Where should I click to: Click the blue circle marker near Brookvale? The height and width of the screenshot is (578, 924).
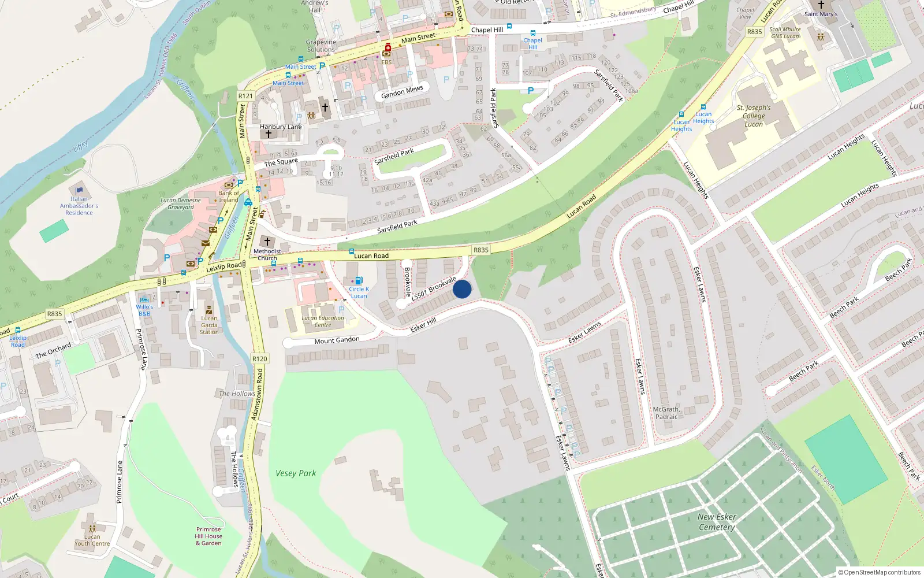coord(462,289)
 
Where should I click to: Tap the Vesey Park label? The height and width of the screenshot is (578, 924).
coord(296,473)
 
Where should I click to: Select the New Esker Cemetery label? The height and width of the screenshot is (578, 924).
coord(717,522)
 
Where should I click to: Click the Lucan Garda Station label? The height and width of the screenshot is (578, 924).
coord(209,325)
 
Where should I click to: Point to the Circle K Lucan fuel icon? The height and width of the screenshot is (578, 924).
coord(359,281)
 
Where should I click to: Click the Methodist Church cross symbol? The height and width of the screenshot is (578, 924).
coord(267,242)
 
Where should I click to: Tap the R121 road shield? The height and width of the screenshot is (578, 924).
coord(245,96)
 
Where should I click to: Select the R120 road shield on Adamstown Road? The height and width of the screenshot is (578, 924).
coord(260,359)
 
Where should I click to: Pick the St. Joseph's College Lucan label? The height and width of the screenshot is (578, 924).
coord(754,116)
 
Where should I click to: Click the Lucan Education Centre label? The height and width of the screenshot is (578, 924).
coord(323,321)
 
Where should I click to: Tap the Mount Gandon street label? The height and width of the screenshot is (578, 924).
coord(337,340)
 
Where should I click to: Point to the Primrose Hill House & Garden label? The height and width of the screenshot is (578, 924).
coord(208,536)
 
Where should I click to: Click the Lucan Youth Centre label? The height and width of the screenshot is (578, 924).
coord(92,540)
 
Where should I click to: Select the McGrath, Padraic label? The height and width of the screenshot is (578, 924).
coord(666,413)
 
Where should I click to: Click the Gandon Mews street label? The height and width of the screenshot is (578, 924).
coord(402,91)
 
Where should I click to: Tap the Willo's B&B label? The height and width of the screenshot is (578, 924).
coord(144,310)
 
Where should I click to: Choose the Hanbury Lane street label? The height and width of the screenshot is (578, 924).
coord(281,127)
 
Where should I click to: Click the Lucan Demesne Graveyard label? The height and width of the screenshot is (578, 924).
coord(181,204)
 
